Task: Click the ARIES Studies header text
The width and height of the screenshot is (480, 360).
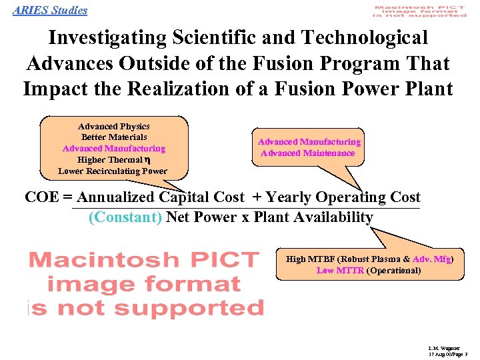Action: pyautogui.click(x=49, y=10)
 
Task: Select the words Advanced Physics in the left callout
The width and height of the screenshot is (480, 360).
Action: pyautogui.click(x=113, y=126)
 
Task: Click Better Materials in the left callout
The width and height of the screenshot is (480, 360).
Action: pyautogui.click(x=113, y=137)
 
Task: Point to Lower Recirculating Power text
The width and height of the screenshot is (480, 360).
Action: pyautogui.click(x=113, y=171)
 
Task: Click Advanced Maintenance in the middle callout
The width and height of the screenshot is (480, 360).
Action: pyautogui.click(x=308, y=153)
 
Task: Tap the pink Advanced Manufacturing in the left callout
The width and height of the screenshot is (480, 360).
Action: pyautogui.click(x=113, y=149)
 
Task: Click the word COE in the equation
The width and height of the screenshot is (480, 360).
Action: pyautogui.click(x=40, y=197)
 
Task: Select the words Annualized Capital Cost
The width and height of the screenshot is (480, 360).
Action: pyautogui.click(x=161, y=197)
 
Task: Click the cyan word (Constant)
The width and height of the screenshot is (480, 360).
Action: pyautogui.click(x=125, y=217)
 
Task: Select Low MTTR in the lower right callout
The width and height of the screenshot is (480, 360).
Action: pyautogui.click(x=339, y=271)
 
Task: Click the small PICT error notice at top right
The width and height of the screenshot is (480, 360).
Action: pyautogui.click(x=419, y=11)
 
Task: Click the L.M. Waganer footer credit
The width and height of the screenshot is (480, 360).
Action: pyautogui.click(x=442, y=348)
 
